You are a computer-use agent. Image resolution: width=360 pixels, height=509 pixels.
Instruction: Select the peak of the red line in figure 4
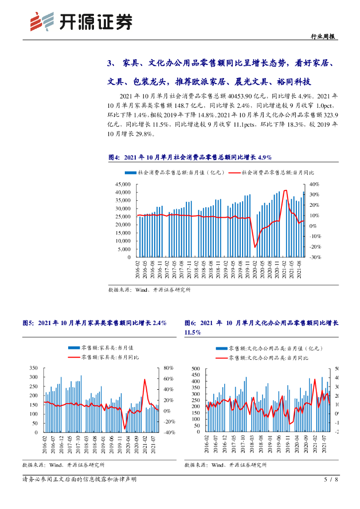[285, 190]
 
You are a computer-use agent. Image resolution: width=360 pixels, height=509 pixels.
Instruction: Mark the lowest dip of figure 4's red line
[255, 247]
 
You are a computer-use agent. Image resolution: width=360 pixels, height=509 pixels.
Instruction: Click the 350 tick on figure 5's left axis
[34, 368]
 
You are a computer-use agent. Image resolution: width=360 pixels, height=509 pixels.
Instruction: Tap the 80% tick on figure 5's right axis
[167, 368]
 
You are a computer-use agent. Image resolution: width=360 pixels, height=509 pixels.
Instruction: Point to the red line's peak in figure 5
[145, 380]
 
